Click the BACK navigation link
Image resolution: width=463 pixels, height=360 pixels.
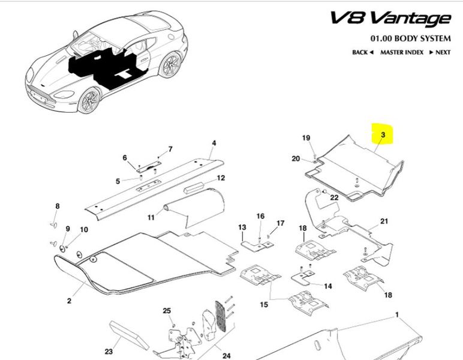[x=362, y=52]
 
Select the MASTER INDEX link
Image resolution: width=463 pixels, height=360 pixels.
[x=401, y=52]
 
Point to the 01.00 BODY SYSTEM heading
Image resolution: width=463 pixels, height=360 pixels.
[x=410, y=38]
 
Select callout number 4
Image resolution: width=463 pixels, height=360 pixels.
[x=213, y=143]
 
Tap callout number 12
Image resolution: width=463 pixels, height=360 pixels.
[x=221, y=178]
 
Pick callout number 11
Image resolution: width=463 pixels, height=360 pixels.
[x=151, y=216]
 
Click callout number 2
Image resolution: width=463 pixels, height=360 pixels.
[x=69, y=300]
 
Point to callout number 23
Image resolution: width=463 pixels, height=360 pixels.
[x=109, y=352]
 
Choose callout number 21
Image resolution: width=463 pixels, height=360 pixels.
[x=384, y=221]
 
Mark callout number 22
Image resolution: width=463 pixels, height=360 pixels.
[x=335, y=197]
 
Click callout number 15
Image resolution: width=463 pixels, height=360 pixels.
[x=264, y=305]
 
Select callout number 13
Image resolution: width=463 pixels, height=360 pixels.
[x=242, y=227]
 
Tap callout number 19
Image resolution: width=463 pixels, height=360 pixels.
[x=306, y=139]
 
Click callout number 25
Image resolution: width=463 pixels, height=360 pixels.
[x=167, y=310]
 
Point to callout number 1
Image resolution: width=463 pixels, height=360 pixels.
[x=396, y=314]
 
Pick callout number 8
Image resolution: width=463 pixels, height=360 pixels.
[x=58, y=206]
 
